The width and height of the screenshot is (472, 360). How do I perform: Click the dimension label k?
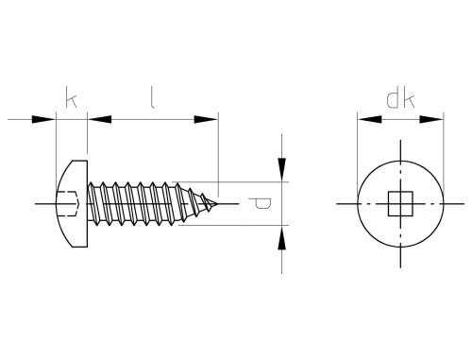click(x=71, y=97)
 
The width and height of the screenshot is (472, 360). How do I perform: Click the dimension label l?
click(x=152, y=97)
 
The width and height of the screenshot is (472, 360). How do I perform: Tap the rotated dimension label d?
click(x=260, y=203)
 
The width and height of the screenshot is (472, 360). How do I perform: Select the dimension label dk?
click(x=400, y=100)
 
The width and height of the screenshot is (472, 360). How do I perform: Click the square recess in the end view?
click(x=400, y=203)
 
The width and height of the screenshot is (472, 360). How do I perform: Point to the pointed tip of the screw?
click(x=217, y=203)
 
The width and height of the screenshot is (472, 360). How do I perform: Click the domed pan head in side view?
click(x=72, y=203)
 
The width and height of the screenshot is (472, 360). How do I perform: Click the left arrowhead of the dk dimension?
click(x=370, y=119)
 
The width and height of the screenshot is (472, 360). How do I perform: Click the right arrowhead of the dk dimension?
click(x=431, y=119)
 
